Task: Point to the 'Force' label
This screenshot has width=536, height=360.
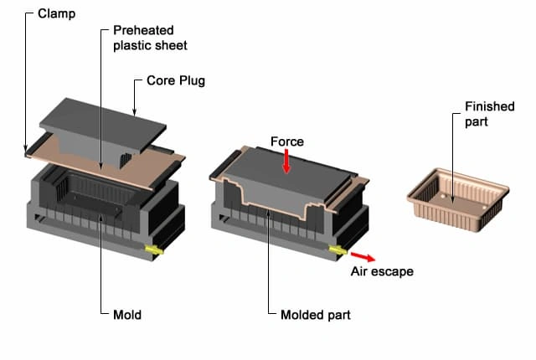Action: pos(288,141)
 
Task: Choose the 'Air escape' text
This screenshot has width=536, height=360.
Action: pos(382,271)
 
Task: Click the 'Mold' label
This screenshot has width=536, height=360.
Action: pos(127,316)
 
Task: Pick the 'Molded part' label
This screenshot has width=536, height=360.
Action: pos(315,316)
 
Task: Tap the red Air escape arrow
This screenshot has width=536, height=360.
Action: pos(363,255)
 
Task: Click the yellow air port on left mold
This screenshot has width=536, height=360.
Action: pos(153,249)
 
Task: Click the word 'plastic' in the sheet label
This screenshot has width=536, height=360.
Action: pos(130,44)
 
